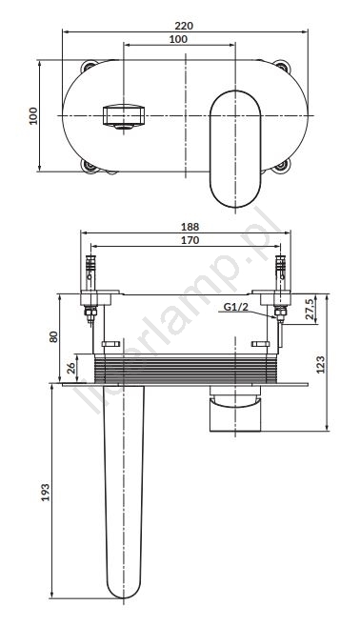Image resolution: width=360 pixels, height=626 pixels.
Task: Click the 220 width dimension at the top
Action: coord(184,26)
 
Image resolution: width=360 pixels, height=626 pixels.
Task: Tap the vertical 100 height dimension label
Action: coord(33,116)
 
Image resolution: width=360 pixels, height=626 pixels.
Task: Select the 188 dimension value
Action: coord(190,227)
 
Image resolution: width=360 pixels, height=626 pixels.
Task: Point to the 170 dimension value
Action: coord(190,240)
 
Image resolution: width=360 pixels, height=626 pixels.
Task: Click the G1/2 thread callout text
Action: coord(235,307)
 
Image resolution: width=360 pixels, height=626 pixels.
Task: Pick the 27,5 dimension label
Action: coord(310,308)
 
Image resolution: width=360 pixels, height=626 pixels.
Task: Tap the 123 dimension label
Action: coord(321,364)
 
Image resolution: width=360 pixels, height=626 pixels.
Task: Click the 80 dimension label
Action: coord(53,336)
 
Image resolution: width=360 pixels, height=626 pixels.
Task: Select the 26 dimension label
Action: coord(71,368)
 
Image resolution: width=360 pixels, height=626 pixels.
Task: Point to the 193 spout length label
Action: coord(46,493)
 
